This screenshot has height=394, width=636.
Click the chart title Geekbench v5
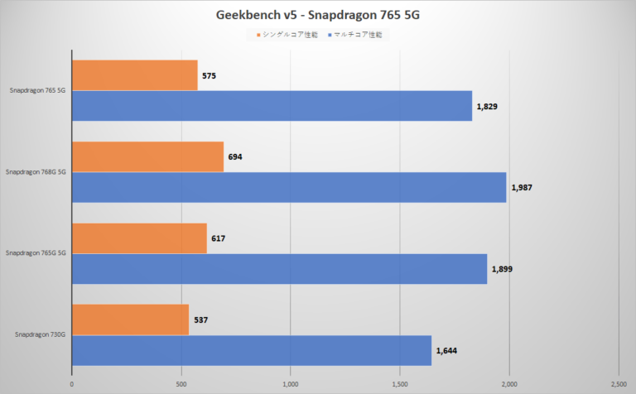coord(318,15)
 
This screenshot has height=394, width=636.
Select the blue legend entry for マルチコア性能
coord(358,35)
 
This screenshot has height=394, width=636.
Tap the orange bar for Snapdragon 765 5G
coord(135,75)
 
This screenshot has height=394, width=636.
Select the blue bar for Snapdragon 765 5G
coord(272,106)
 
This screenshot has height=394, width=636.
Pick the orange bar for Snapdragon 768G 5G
coord(147,156)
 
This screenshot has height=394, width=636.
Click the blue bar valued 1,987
coord(289,187)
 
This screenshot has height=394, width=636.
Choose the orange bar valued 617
coord(139,238)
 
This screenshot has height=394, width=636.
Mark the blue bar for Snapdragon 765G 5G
coord(279,268)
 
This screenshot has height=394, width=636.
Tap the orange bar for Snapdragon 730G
coord(130,320)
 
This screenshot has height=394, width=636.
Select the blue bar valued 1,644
coord(252,350)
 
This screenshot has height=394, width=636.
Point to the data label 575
coord(210,75)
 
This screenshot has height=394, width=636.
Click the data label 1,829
coord(487,106)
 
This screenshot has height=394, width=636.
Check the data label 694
coord(235,156)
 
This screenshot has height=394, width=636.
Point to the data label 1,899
coord(502,269)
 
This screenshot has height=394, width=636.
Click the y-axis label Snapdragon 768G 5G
coord(36,172)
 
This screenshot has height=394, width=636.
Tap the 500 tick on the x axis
coord(181,383)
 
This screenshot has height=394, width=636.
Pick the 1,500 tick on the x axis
coord(400,383)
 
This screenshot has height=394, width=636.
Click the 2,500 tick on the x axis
coord(618,383)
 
